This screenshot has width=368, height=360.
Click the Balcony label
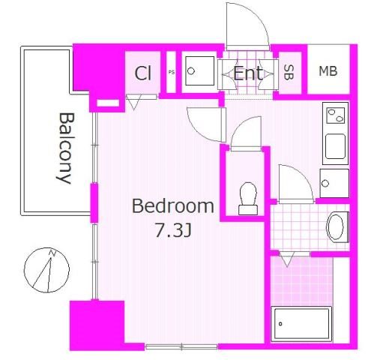pyautogui.click(x=64, y=148)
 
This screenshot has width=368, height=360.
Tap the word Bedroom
pyautogui.click(x=173, y=206)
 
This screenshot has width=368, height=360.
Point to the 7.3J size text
pyautogui.click(x=173, y=230)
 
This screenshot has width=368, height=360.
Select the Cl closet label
pyautogui.click(x=143, y=73)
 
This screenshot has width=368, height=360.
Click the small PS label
pyautogui.click(x=172, y=73)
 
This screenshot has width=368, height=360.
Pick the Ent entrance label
pyautogui.click(x=248, y=73)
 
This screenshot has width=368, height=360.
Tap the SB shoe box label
pyautogui.click(x=289, y=72)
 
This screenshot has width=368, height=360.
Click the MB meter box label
pyautogui.click(x=328, y=71)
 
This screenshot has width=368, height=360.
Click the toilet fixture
pyautogui.click(x=248, y=199)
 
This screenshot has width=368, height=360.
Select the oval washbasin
pyautogui.click(x=335, y=227)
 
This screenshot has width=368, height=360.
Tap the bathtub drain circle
pyautogui.click(x=280, y=324)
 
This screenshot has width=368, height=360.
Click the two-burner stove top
pyautogui.click(x=336, y=115)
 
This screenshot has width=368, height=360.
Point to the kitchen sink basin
pyautogui.click(x=335, y=146)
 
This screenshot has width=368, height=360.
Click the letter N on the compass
pyautogui.click(x=52, y=253)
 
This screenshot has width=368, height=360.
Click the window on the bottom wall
pyautogui.click(x=181, y=346)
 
